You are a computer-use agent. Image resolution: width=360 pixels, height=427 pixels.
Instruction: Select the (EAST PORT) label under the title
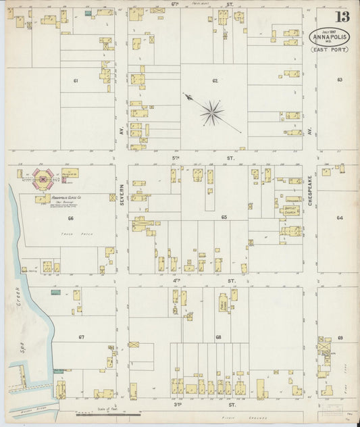[x=329, y=49]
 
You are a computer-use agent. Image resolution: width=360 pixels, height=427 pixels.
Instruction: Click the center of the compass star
[x=211, y=113]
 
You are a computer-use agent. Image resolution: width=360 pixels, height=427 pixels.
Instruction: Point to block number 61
[x=76, y=80]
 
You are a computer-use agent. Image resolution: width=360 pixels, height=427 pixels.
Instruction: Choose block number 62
[x=215, y=80]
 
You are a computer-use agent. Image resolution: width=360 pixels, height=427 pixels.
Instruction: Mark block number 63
[x=339, y=80]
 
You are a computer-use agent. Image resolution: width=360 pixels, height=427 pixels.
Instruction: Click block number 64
[x=339, y=218]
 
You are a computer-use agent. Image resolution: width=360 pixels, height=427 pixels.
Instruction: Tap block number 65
[x=224, y=218]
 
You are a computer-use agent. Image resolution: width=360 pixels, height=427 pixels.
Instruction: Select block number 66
[x=70, y=218]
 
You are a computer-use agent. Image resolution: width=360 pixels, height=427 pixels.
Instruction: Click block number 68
[x=218, y=336]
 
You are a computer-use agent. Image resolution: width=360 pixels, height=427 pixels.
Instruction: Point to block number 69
[x=340, y=336]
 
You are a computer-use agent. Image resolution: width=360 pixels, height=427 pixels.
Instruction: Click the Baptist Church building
[x=291, y=210]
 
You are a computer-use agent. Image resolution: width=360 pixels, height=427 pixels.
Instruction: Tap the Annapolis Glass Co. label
[x=66, y=197]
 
